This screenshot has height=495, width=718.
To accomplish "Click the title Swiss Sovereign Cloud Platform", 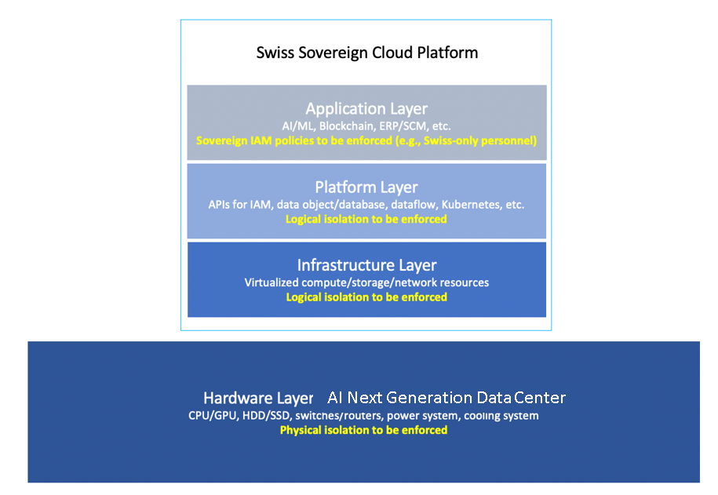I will click(366, 53).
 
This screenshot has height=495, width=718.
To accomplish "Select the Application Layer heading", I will click(366, 108).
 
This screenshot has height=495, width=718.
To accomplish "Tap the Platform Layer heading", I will click(366, 187).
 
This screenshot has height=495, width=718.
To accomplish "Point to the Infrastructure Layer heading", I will click(366, 265).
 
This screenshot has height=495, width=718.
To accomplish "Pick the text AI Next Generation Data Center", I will click(446, 398).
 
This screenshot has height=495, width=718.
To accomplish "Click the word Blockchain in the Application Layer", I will click(350, 126).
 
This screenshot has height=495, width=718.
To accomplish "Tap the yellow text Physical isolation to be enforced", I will click(363, 430).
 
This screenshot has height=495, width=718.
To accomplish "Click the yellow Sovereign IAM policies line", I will click(366, 141).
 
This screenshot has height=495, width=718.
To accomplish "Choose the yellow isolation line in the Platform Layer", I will click(366, 219).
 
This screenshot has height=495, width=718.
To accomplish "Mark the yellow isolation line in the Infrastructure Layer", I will click(366, 297).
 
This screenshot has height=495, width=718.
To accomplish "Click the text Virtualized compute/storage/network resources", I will click(366, 282).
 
